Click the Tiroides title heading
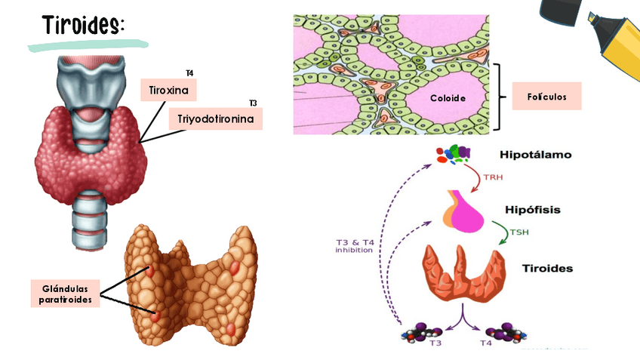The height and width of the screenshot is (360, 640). (83, 24)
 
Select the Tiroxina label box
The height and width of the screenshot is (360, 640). (169, 91)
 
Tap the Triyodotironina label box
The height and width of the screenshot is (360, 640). (220, 119)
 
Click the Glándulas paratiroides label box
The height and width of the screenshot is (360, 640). (66, 294)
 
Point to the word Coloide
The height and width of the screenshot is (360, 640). (448, 98)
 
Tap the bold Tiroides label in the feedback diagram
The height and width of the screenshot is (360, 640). (547, 269)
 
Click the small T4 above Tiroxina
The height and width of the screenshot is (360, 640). (189, 73)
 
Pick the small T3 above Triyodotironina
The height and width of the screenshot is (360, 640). (253, 103)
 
